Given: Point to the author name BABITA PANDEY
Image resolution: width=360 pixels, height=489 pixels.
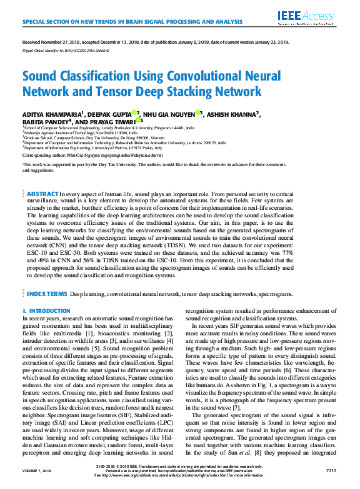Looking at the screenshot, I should [x=47, y=121].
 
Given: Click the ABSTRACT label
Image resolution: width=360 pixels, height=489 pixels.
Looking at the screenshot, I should [x=42, y=195].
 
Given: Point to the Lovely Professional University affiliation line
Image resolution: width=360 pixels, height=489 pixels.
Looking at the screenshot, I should [x=94, y=127].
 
